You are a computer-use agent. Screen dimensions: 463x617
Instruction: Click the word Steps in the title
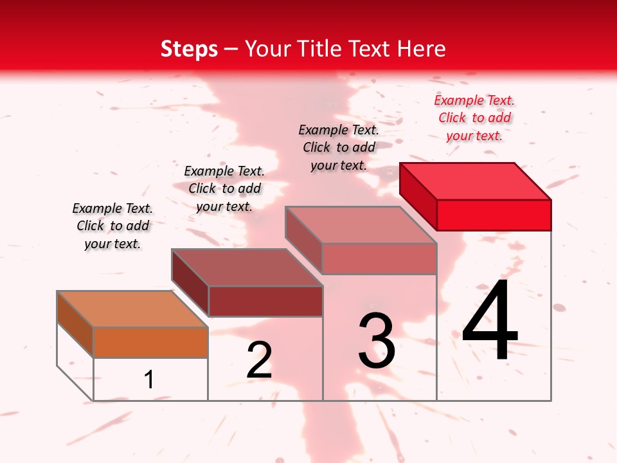pyautogui.click(x=189, y=49)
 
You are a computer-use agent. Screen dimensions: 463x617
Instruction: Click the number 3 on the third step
pyautogui.click(x=377, y=341)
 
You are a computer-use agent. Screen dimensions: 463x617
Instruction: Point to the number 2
pyautogui.click(x=259, y=360)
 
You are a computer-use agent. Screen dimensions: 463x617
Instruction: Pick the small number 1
pyautogui.click(x=149, y=379)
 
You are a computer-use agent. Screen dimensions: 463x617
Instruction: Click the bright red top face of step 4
pyautogui.click(x=476, y=181)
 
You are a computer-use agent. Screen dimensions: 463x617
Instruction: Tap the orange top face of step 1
pyautogui.click(x=132, y=309)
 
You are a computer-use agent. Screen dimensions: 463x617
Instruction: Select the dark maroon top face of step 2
pyautogui.click(x=247, y=267)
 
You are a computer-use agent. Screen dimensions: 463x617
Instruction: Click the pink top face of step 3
pyautogui.click(x=361, y=224)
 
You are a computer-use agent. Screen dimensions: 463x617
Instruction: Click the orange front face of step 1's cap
pyautogui.click(x=150, y=342)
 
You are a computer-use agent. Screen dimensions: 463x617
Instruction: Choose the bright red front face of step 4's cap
pyautogui.click(x=494, y=215)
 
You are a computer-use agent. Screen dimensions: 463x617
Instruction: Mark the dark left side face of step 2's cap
pyautogui.click(x=190, y=282)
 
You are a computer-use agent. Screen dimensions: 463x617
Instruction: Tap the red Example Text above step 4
pyautogui.click(x=474, y=100)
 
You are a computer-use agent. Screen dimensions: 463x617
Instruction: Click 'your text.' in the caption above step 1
pyautogui.click(x=112, y=244)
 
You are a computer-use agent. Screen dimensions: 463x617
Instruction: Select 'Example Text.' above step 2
pyautogui.click(x=224, y=171)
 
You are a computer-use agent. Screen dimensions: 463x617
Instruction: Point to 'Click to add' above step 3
pyautogui.click(x=339, y=147)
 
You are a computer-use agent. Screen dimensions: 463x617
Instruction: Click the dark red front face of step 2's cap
pyautogui.click(x=265, y=301)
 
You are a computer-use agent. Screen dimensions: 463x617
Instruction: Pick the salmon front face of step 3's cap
pyautogui.click(x=379, y=259)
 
